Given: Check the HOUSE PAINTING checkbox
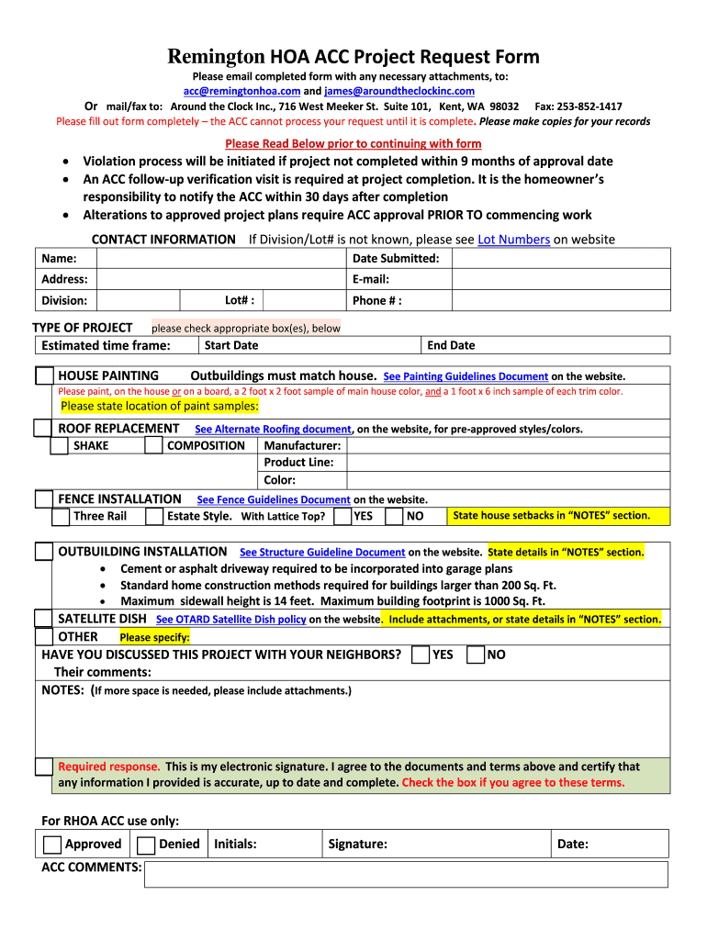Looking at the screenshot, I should tap(43, 375).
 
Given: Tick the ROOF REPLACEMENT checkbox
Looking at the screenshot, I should tap(42, 429).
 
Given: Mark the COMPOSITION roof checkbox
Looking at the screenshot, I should tap(154, 446).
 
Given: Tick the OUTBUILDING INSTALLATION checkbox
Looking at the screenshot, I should tap(43, 552).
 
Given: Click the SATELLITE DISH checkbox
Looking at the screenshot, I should tap(43, 619).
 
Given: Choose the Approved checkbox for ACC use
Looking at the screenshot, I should tap(53, 845).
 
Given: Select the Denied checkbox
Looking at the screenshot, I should tap(145, 845).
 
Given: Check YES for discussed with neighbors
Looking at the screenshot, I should tap(421, 655).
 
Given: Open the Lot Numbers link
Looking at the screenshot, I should tap(513, 240).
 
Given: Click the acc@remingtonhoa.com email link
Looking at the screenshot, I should tap(241, 92).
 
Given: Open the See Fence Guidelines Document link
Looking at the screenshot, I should tap(274, 500).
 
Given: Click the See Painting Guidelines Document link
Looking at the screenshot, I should tap(466, 376).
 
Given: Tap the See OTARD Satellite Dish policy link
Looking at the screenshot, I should tap(231, 620).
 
